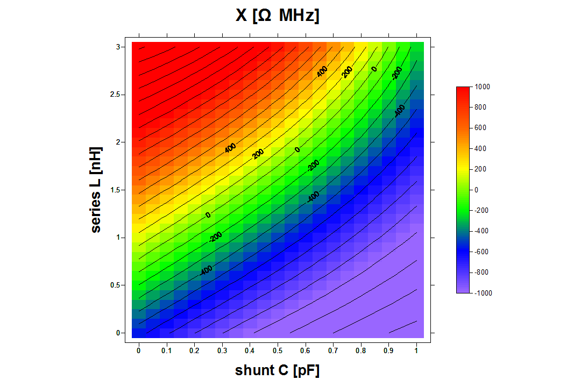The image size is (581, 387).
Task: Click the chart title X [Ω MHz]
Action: pos(277,16)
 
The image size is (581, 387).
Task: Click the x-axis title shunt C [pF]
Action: pos(277,371)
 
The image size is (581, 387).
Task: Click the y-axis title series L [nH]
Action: pos(96,190)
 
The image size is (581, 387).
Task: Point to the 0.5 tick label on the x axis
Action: pos(278,351)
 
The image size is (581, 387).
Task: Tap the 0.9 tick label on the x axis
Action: pos(388,351)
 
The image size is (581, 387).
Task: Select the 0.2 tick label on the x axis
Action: pos(194,351)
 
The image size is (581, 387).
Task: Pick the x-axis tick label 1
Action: pos(416,351)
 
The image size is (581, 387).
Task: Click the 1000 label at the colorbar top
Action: pos(483,87)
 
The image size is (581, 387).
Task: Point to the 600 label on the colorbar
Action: pos(480,128)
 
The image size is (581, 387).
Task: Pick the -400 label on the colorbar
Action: pos(482,231)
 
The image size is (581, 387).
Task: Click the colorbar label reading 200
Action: pos(480,169)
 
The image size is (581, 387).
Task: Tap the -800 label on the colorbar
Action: pos(482,273)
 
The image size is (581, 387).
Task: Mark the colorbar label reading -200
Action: pos(482,211)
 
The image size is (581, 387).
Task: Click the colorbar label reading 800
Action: pos(480,107)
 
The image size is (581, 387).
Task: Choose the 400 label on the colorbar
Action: pos(480,148)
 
